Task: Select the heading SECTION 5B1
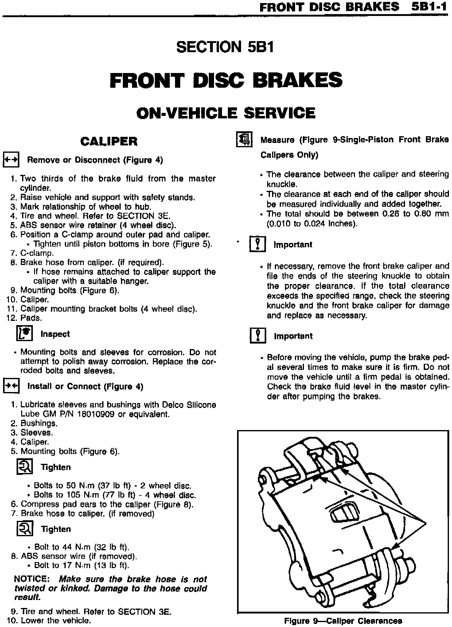click(225, 47)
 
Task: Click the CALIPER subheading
click(109, 141)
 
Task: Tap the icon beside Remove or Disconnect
click(11, 160)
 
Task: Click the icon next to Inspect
click(24, 334)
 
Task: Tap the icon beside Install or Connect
click(11, 386)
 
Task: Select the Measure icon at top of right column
click(244, 140)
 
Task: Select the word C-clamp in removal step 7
click(37, 253)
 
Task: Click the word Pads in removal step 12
click(31, 318)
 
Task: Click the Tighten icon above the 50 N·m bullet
click(24, 467)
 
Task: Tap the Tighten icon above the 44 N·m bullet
click(24, 529)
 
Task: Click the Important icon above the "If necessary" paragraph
click(257, 244)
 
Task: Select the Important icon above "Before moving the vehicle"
click(257, 336)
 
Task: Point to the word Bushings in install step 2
click(39, 423)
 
